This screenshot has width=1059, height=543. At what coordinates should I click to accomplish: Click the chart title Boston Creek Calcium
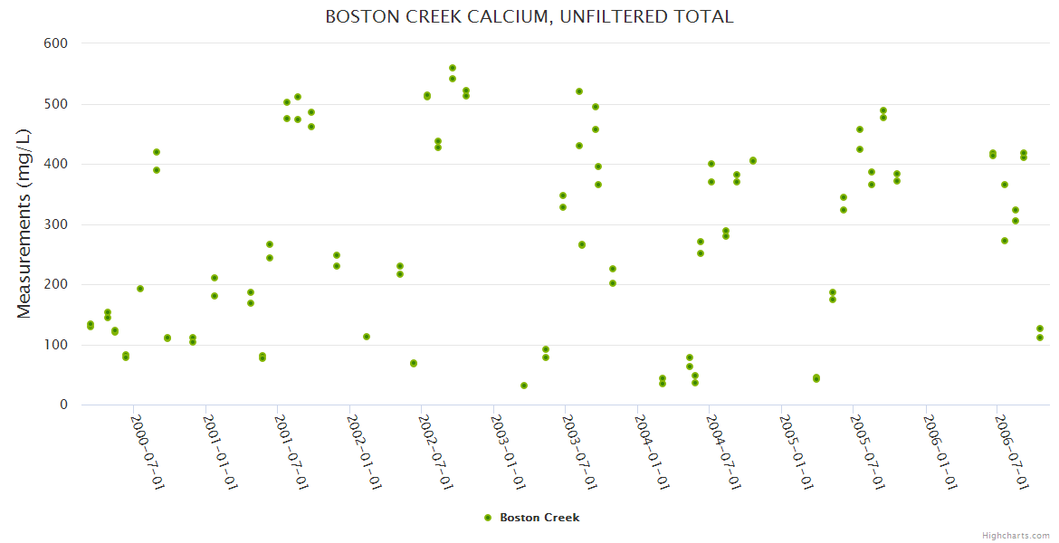coord(529,17)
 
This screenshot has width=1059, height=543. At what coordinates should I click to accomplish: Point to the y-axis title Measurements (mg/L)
coord(24,224)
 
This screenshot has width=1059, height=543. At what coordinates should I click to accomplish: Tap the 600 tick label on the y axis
coord(55,43)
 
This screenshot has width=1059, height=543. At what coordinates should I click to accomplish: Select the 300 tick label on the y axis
coord(55,224)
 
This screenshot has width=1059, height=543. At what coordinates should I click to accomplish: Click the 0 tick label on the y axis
coord(63,405)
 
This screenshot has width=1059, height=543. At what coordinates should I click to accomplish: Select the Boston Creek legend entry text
coord(539,518)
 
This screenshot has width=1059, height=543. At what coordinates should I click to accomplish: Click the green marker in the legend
coord(488,518)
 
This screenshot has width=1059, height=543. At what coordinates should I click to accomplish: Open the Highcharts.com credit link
coord(1016,535)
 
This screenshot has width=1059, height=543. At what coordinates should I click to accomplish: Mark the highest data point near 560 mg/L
coord(453,68)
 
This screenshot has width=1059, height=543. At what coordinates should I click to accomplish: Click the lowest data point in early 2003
coord(524,386)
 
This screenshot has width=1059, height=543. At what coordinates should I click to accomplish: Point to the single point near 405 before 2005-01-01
coord(753,161)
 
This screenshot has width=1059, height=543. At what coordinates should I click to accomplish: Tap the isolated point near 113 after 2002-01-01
coord(367,337)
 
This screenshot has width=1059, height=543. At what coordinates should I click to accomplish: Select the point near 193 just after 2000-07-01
coord(140,289)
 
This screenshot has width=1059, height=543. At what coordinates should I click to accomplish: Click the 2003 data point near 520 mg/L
coord(579,91)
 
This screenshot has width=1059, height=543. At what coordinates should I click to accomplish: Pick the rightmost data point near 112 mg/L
coord(1040,338)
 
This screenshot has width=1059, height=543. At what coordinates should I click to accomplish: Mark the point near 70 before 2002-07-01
coord(414,363)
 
